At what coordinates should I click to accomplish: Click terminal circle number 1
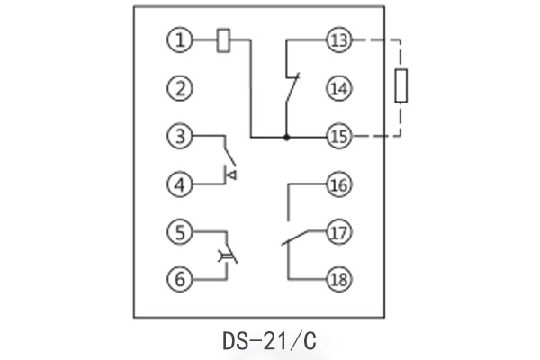pos(181,40)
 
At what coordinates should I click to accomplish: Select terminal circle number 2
pos(181,88)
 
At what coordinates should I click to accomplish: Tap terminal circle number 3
pos(181,137)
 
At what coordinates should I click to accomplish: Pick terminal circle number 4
pos(181,185)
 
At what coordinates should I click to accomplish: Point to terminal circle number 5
pos(181,231)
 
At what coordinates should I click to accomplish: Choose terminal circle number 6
pos(181,279)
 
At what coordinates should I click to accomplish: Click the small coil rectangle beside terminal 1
pos(224,40)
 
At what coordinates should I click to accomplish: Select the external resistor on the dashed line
pos(402,87)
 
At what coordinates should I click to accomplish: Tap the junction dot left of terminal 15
pos(286,137)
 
